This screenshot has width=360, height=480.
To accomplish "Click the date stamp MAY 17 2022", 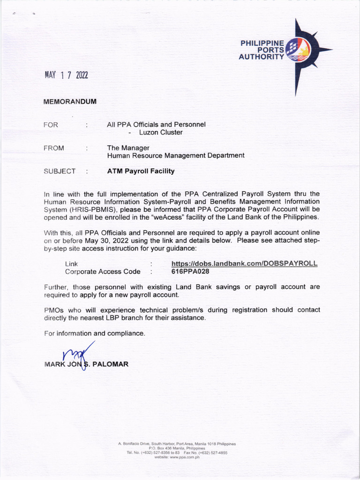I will click(x=66, y=75).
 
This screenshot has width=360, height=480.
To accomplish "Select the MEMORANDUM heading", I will click(x=70, y=102).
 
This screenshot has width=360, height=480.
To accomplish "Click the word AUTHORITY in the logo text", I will click(x=261, y=57).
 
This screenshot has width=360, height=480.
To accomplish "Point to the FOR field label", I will click(x=51, y=125).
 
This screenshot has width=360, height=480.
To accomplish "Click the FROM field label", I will click(x=53, y=148).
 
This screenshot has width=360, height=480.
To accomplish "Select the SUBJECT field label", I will click(x=60, y=171).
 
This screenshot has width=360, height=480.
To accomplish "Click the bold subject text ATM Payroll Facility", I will click(x=141, y=171).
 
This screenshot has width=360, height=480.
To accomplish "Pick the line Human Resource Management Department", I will click(x=176, y=155).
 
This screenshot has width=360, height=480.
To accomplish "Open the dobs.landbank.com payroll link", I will click(x=244, y=263).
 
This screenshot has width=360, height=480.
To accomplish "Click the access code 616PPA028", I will click(x=190, y=271).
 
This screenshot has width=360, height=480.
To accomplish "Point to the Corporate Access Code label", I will click(x=103, y=271).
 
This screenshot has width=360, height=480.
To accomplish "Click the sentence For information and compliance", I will click(x=94, y=333).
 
